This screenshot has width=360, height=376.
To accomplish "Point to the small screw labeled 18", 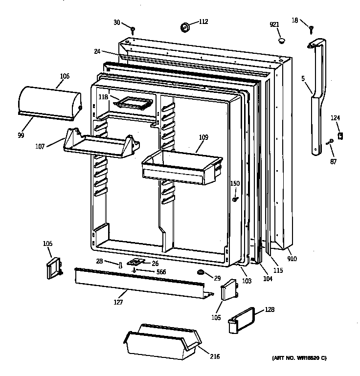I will (x=311, y=30).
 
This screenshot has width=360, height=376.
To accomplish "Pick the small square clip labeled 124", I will (x=340, y=135).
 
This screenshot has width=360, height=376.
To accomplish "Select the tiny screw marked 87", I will (x=330, y=142).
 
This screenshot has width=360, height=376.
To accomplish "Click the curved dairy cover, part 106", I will (x=49, y=102).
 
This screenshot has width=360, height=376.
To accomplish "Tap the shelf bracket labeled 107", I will (x=100, y=143).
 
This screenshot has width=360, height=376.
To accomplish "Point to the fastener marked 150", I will (x=236, y=199).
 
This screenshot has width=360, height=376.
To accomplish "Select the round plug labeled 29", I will (x=201, y=272).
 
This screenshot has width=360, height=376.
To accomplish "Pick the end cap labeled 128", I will (x=243, y=320).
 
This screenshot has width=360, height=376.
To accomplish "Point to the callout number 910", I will (x=292, y=259).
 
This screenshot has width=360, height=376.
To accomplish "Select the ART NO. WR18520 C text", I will (x=305, y=359).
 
